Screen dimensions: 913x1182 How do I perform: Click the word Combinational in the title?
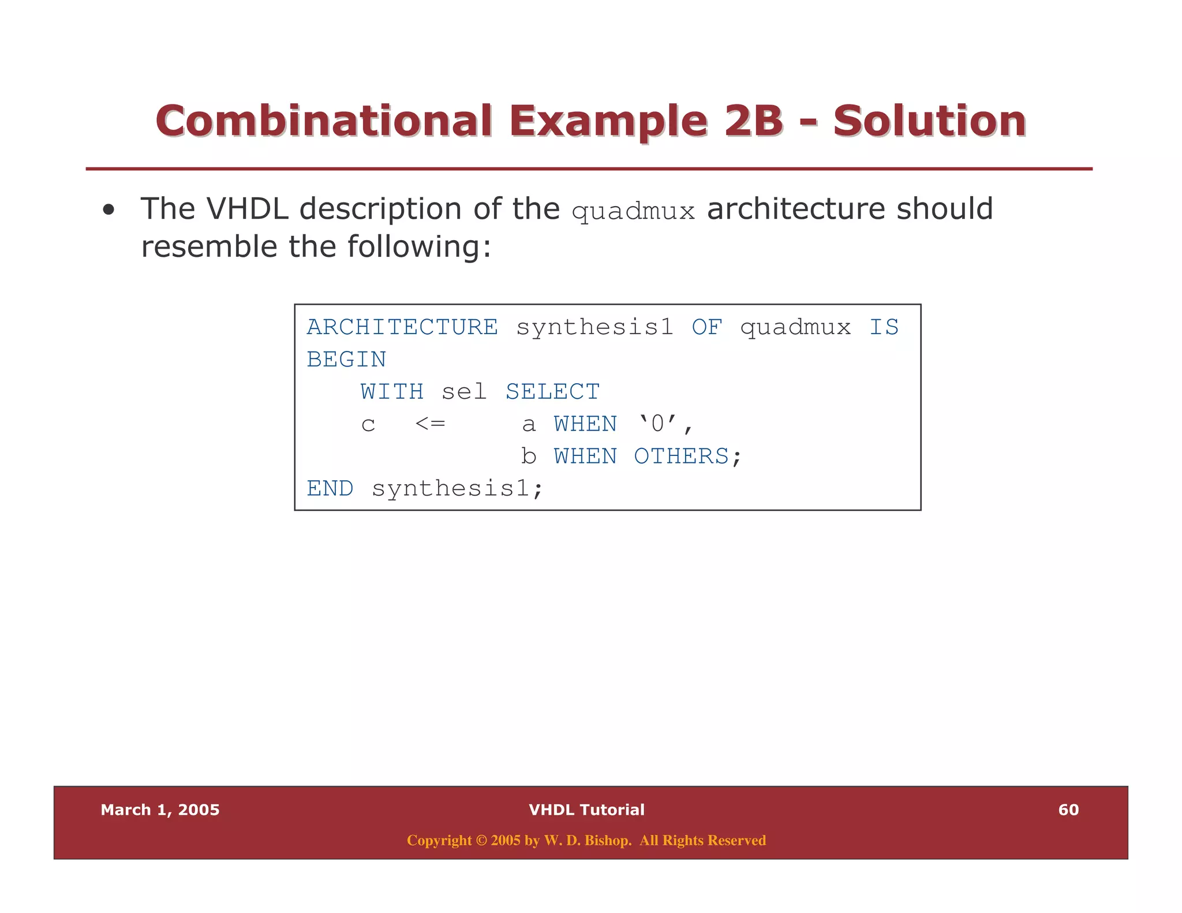323,121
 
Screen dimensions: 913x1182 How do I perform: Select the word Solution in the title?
929,121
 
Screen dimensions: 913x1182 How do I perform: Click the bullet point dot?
109,211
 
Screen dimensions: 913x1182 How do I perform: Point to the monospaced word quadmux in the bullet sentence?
633,212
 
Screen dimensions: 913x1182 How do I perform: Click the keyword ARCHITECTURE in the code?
402,327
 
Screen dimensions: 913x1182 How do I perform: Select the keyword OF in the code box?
706,327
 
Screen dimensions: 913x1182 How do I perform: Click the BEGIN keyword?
346,360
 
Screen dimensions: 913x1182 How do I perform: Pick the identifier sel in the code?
464,392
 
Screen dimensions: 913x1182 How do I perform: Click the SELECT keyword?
552,392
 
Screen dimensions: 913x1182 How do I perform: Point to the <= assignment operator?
430,424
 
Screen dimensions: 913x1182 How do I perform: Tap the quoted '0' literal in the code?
657,424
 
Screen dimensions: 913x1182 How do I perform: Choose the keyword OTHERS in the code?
681,456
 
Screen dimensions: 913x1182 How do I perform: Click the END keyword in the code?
330,489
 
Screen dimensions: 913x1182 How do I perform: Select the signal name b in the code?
528,456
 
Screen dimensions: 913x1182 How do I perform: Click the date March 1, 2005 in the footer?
160,810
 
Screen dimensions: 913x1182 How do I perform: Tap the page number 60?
1068,810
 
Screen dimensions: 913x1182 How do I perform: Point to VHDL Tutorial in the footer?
586,810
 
